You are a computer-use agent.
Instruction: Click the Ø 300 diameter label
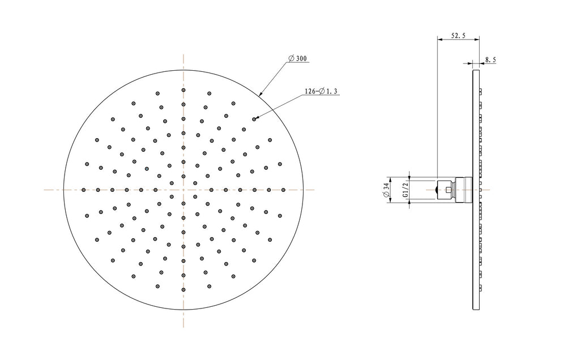click(x=298, y=58)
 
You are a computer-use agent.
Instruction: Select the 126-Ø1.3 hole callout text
click(x=321, y=91)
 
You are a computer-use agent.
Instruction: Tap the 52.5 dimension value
click(x=458, y=36)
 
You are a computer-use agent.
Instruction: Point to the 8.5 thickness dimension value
click(x=491, y=59)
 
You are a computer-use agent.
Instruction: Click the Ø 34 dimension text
click(x=387, y=190)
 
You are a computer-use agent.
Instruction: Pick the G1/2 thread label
click(x=406, y=190)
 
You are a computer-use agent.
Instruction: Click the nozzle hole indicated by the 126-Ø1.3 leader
click(x=254, y=119)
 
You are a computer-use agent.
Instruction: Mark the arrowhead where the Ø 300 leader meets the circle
click(x=260, y=94)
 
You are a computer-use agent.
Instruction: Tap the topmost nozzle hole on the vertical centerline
click(x=184, y=90)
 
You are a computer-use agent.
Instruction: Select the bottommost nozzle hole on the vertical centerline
click(x=184, y=290)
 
